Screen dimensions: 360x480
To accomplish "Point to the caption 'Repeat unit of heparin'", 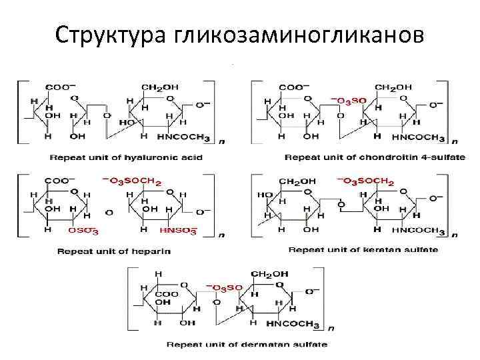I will (114, 251).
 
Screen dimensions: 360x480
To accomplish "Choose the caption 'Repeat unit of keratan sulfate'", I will (363, 250).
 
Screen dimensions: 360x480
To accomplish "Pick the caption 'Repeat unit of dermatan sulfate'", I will (247, 345).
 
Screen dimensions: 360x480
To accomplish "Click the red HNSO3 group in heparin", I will (178, 230).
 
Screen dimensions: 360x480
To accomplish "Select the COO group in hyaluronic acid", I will (60, 87).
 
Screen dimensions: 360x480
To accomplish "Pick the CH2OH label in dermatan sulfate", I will (269, 274).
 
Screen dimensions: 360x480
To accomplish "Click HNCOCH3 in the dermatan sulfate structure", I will (294, 324).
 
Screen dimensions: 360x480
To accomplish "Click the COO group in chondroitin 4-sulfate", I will (294, 87).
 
